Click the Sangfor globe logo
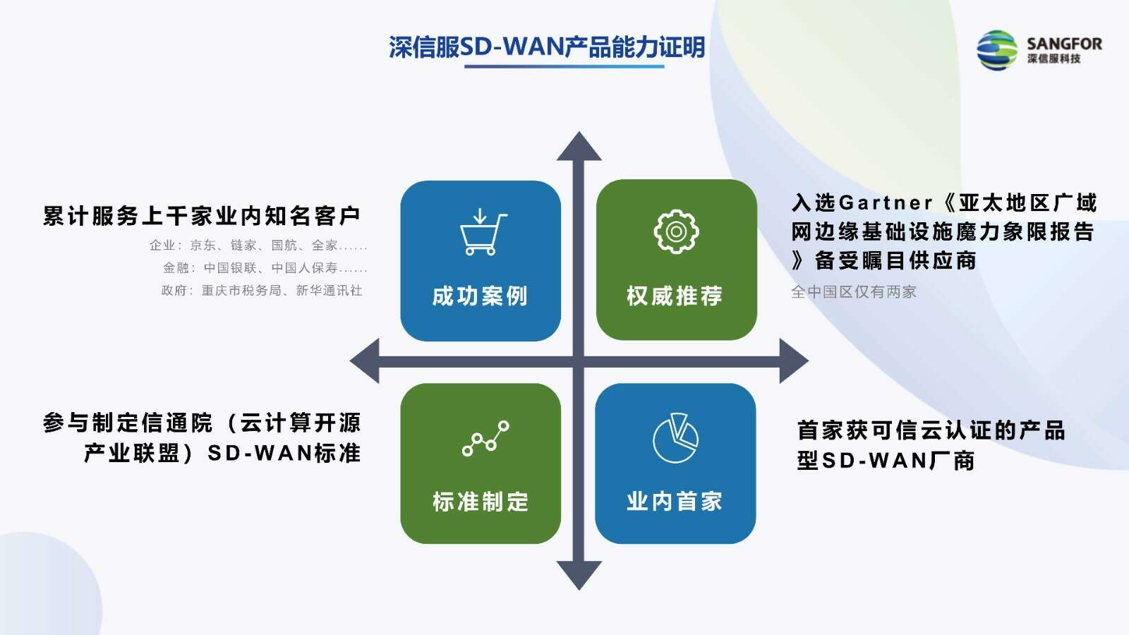pyautogui.click(x=996, y=50)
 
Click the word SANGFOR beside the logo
pyautogui.click(x=1065, y=44)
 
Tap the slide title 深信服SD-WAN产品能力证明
pyautogui.click(x=547, y=47)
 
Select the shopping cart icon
pyautogui.click(x=483, y=232)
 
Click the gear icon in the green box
pyautogui.click(x=677, y=231)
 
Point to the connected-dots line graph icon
pyautogui.click(x=485, y=438)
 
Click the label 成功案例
pyautogui.click(x=480, y=296)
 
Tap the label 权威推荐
pyautogui.click(x=675, y=296)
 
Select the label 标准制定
pyautogui.click(x=481, y=502)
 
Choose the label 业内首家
pyautogui.click(x=675, y=502)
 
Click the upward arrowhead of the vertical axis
pyautogui.click(x=579, y=146)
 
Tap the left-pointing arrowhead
pyautogui.click(x=364, y=361)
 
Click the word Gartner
pyautogui.click(x=886, y=203)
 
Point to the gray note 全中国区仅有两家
pyautogui.click(x=854, y=292)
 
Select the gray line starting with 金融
pyautogui.click(x=265, y=267)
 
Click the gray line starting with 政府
pyautogui.click(x=262, y=290)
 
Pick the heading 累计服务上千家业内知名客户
pyautogui.click(x=202, y=216)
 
